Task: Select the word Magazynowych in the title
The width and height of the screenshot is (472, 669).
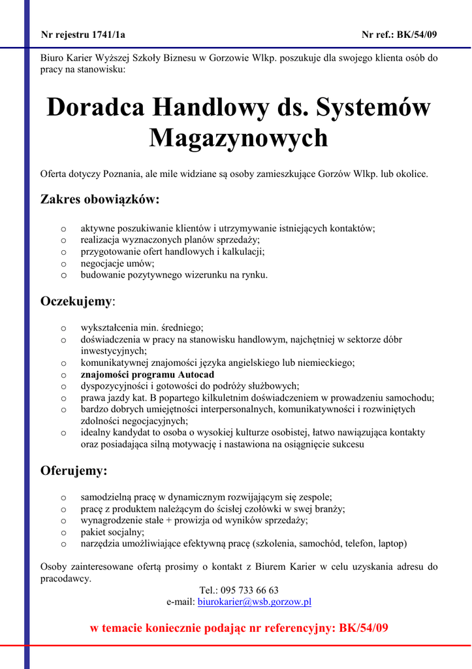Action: tap(239, 139)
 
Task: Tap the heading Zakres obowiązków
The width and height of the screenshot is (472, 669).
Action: tap(100, 199)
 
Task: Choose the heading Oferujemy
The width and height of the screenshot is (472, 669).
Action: tap(74, 470)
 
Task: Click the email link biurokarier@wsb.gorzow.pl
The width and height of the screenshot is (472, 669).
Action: tap(255, 602)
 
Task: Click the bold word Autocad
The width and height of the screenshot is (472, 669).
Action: tap(197, 375)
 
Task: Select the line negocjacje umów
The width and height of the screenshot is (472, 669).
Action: tap(118, 264)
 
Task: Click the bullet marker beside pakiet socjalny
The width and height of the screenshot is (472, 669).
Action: tap(63, 532)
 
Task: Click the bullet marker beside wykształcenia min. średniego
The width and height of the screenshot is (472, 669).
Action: tap(63, 329)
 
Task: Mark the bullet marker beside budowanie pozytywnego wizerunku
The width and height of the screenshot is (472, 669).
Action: tap(63, 276)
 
